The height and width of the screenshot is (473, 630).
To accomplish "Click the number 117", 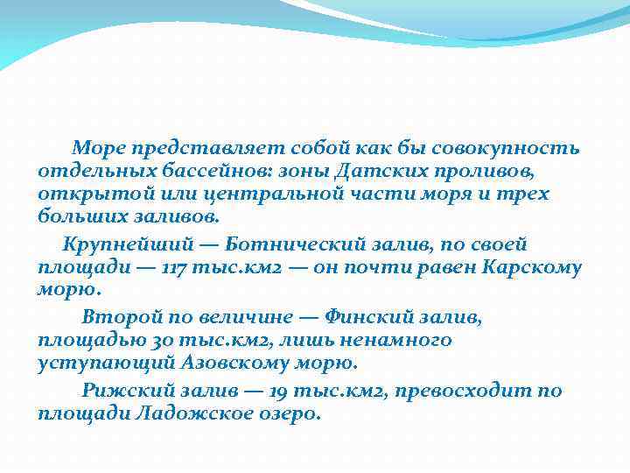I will click(x=179, y=267).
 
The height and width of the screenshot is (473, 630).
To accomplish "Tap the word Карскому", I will click(x=532, y=267).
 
